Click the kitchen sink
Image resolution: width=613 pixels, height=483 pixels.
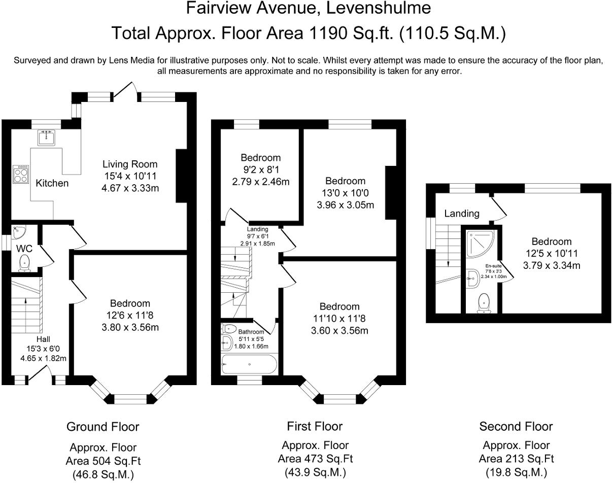pos(46,137)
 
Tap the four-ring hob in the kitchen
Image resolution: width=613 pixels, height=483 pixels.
pos(21,175)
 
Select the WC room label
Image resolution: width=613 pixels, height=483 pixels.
pos(24,249)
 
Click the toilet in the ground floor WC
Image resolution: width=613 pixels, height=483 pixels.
pos(24,263)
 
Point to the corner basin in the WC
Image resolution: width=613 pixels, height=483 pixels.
pos(18,232)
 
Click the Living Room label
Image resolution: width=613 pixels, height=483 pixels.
pos(130,164)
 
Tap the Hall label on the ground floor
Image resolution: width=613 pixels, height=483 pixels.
pos(43,339)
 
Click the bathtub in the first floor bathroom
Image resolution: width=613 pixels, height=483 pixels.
pos(249,364)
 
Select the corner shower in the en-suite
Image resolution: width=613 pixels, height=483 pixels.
pos(480,244)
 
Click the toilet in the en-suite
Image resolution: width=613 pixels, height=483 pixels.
pos(484,303)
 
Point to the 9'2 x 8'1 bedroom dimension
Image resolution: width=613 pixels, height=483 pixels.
pos(261,170)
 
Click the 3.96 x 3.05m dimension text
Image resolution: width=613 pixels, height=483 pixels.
pos(345,205)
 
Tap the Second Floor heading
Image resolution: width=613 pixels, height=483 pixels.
pos(516,426)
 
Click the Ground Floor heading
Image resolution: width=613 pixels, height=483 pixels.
pos(103,427)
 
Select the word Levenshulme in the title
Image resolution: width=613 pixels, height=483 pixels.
pos(378,8)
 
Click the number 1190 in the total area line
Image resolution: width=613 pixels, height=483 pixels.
pos(328,33)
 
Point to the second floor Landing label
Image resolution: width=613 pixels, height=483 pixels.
pos(462,214)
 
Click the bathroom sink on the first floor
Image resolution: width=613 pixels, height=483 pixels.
pos(227,342)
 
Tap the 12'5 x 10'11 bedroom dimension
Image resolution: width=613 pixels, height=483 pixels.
pos(552,253)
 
